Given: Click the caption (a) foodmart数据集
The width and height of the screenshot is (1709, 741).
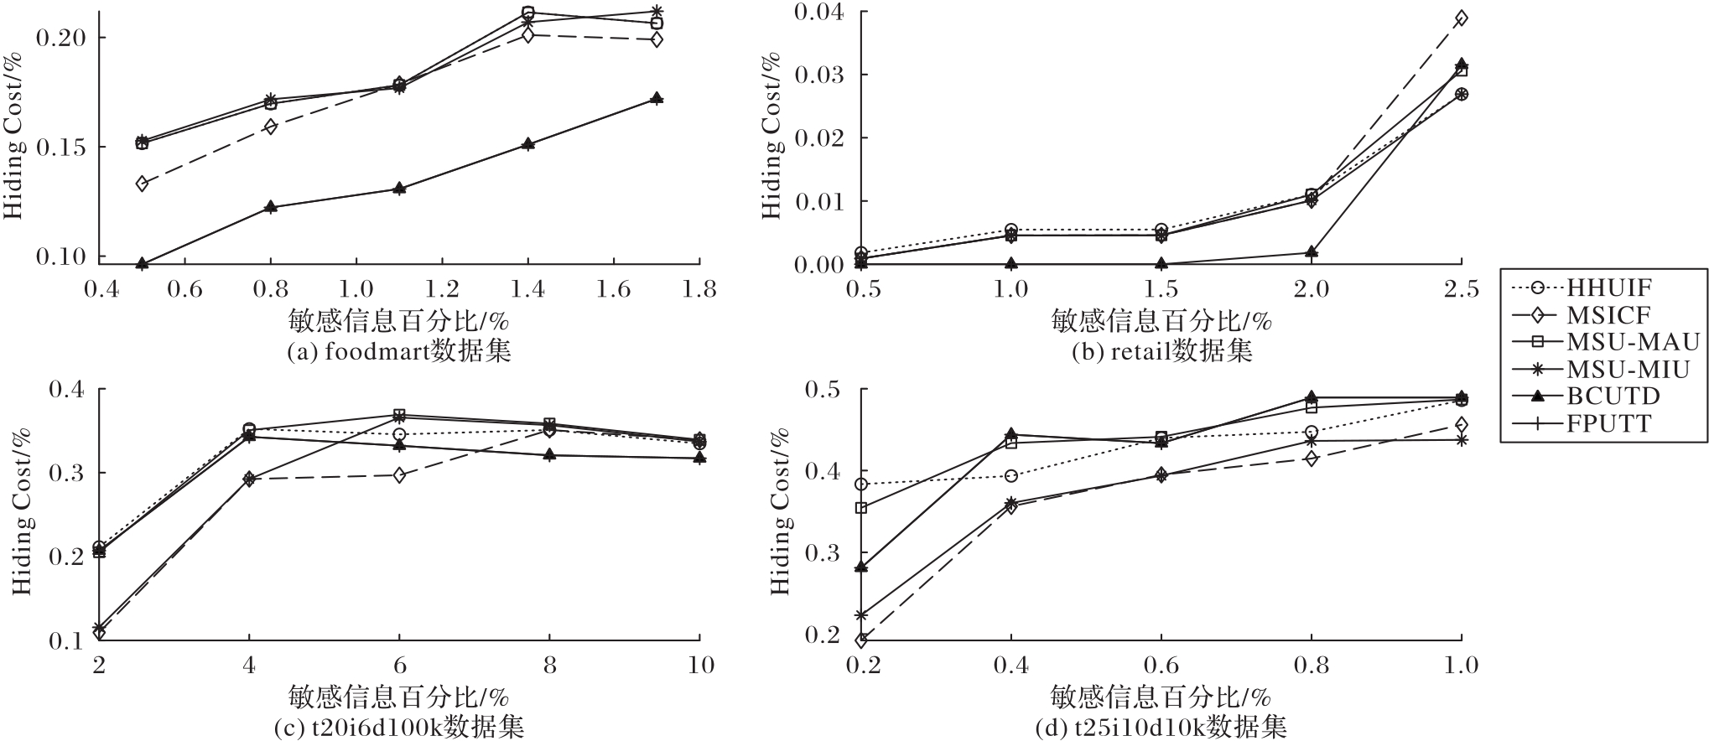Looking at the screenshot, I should (x=398, y=351).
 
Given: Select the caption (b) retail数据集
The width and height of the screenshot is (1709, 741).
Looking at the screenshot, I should (x=1162, y=351).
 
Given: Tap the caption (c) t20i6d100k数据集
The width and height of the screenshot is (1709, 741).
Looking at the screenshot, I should (x=399, y=727).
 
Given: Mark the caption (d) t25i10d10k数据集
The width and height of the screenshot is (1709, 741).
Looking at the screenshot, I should (x=1161, y=727).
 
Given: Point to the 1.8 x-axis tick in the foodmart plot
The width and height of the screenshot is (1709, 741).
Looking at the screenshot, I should (x=699, y=289).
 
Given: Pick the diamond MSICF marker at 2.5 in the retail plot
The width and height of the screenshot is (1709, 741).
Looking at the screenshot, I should (x=1461, y=18).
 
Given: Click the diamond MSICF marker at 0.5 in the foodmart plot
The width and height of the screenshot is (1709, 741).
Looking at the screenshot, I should (x=143, y=184).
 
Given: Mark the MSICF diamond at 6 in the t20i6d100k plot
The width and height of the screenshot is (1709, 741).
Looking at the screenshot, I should (x=399, y=475).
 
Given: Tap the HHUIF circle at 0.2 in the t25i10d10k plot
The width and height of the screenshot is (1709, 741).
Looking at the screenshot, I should (x=861, y=484).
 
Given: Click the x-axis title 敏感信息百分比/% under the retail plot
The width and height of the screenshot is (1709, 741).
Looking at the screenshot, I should (x=1161, y=322).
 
